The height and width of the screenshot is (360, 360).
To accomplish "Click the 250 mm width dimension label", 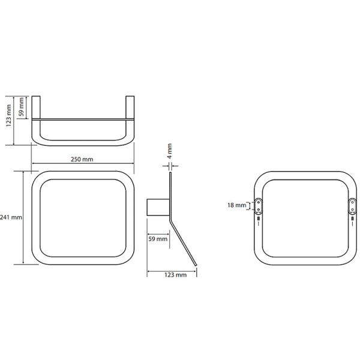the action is [82, 160].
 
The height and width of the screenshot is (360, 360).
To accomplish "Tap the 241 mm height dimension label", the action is [11, 217].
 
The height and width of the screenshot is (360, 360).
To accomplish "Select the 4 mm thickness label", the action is [169, 151].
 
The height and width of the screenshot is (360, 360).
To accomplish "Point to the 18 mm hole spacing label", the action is [236, 205].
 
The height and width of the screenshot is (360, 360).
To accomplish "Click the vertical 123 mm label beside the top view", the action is [9, 115].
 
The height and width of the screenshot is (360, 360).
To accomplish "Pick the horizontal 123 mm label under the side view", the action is [176, 275].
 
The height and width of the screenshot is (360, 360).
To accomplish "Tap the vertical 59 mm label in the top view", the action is [21, 107].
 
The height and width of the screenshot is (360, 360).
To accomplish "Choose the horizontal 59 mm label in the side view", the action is [158, 239].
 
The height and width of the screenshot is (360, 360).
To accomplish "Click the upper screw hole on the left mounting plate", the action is [258, 202].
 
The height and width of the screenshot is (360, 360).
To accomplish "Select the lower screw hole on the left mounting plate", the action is [258, 209].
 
